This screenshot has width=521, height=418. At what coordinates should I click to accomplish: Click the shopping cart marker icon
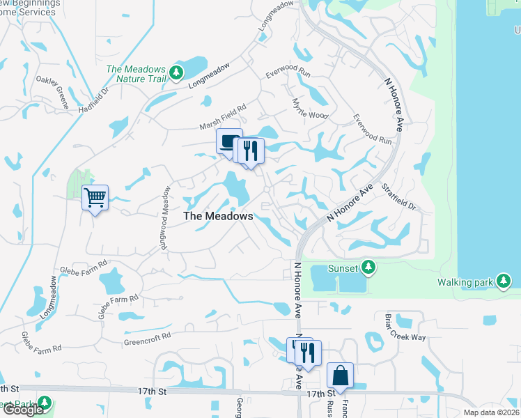tap(95, 197)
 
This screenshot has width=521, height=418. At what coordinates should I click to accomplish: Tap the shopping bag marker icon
tap(340, 375)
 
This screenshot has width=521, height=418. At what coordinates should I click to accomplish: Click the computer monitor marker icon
tap(228, 141)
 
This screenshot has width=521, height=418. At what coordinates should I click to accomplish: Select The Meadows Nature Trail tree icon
tap(176, 72)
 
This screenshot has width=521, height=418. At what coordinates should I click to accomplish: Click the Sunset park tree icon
tap(368, 268)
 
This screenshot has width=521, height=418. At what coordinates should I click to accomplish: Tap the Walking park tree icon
tap(503, 281)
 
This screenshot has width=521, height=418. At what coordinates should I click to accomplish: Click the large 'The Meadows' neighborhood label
tap(217, 217)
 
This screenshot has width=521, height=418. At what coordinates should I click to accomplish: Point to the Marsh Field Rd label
tap(224, 117)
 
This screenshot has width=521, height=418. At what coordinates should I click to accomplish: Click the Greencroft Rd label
tap(147, 343)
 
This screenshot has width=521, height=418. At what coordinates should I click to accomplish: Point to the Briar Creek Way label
tap(405, 327)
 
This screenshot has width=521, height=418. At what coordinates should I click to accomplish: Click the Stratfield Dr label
tap(398, 198)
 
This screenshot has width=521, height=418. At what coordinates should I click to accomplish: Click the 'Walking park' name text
tap(464, 282)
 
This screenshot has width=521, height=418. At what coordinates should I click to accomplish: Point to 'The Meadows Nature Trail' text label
tap(136, 74)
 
